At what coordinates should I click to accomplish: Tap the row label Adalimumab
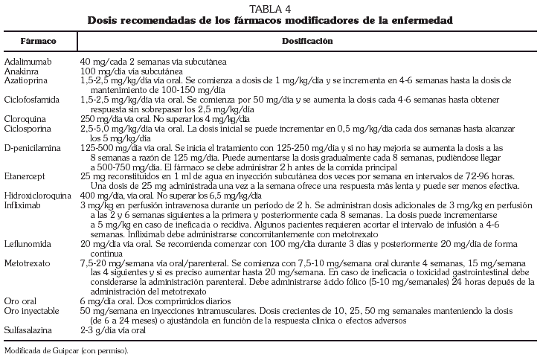[x=26, y=60]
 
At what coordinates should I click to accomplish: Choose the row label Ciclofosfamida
[x=31, y=98]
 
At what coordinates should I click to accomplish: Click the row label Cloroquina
[x=25, y=118]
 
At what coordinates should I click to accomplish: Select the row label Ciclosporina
[x=28, y=127]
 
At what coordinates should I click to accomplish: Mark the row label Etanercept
[x=25, y=176]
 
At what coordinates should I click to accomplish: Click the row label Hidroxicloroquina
[x=36, y=195]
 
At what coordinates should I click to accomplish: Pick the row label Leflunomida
[x=27, y=243]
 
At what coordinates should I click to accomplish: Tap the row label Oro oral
[x=19, y=302]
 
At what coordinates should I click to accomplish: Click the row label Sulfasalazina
[x=29, y=331]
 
